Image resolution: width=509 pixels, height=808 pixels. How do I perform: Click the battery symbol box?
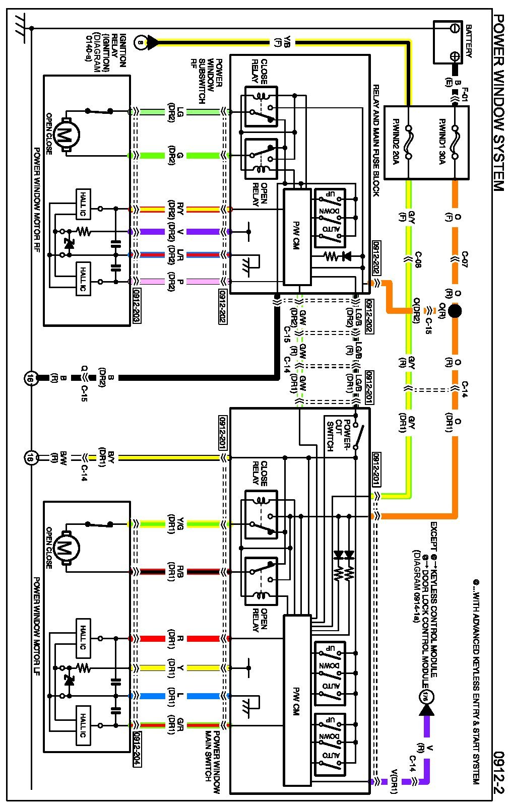[x=448, y=42]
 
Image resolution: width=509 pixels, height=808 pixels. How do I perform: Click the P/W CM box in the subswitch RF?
[x=297, y=237]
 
